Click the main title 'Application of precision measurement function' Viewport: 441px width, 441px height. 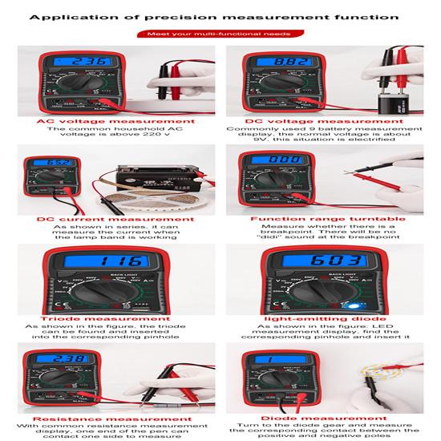pyautogui.click(x=220, y=15)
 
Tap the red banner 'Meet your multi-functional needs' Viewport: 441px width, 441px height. pyautogui.click(x=220, y=34)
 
